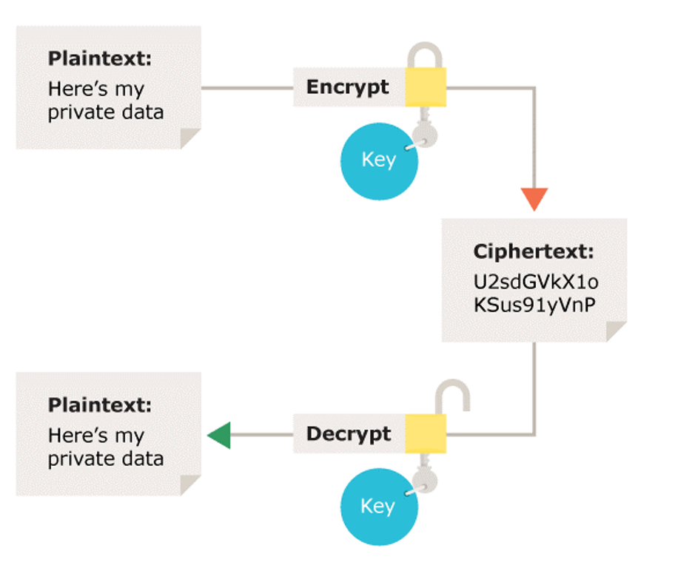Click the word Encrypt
click(347, 87)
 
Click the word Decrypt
click(348, 433)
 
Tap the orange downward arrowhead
click(534, 199)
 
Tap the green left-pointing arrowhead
click(219, 435)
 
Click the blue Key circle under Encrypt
click(378, 161)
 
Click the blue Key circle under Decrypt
click(378, 507)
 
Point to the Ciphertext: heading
click(533, 251)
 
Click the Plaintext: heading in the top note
click(99, 58)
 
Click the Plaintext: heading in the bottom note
click(99, 405)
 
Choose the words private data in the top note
click(105, 112)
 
